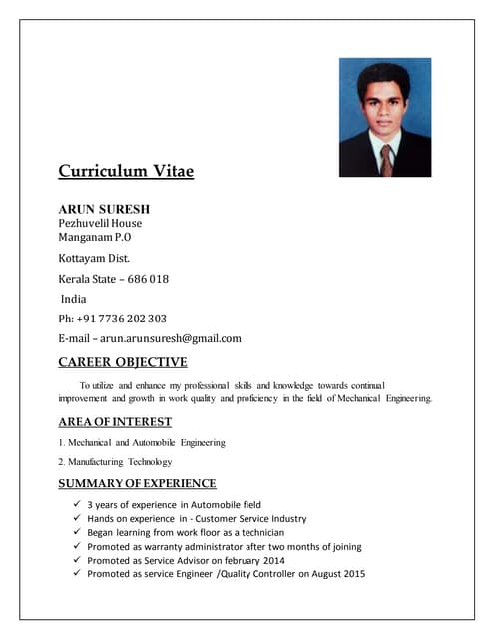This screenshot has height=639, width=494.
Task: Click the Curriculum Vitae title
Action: [x=126, y=171]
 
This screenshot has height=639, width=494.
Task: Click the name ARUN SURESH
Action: [x=104, y=209]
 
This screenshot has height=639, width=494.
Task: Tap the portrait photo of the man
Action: [x=385, y=117]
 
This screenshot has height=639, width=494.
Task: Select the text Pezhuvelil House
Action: [x=100, y=223]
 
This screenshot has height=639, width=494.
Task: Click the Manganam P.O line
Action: [x=94, y=237]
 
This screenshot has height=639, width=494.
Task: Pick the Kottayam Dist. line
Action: [x=94, y=258]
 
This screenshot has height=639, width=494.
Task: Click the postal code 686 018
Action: [x=148, y=279]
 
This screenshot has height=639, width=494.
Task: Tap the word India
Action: [x=74, y=299]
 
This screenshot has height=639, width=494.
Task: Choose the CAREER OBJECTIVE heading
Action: [x=122, y=362]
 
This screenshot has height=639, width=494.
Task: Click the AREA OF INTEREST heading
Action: [x=115, y=422]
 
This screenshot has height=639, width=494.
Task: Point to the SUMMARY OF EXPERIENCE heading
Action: [x=137, y=484]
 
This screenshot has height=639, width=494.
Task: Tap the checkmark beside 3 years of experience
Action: [x=76, y=504]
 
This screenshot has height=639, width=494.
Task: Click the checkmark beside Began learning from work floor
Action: [x=76, y=532]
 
